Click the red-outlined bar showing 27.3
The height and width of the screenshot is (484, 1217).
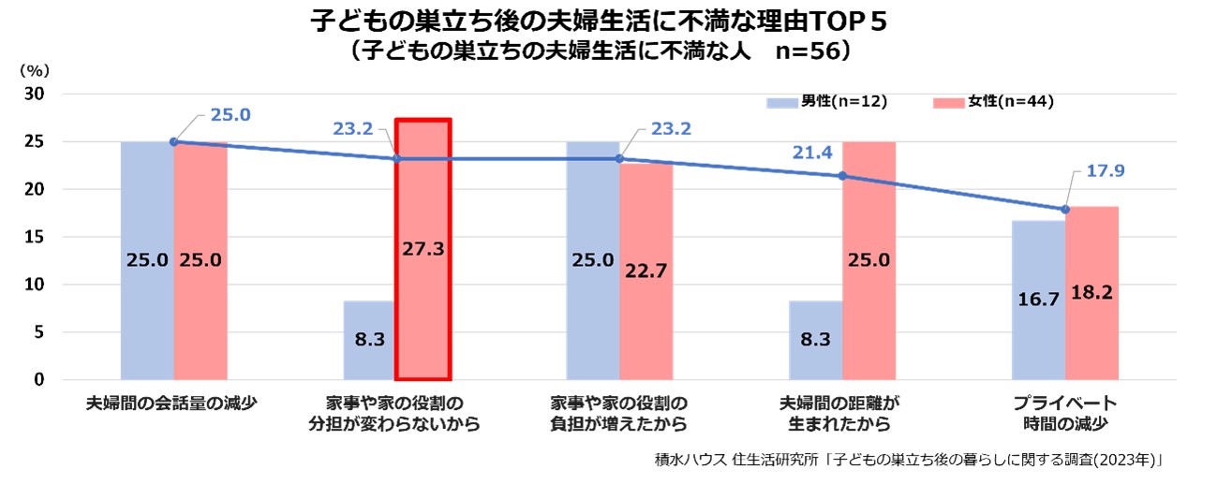[423, 249]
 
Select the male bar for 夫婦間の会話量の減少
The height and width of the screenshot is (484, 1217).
[147, 260]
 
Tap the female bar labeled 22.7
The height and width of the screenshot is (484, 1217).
[646, 271]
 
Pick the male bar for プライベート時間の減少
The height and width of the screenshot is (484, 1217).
[1038, 300]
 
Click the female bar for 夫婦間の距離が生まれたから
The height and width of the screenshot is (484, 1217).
[868, 260]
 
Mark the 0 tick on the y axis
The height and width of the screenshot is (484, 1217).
[38, 379]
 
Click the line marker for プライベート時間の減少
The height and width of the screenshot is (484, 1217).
[1065, 209]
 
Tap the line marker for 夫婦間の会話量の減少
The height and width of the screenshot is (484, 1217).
[173, 141]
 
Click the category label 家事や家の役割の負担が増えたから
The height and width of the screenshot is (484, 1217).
[619, 414]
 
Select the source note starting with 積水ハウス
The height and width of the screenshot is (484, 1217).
[909, 461]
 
